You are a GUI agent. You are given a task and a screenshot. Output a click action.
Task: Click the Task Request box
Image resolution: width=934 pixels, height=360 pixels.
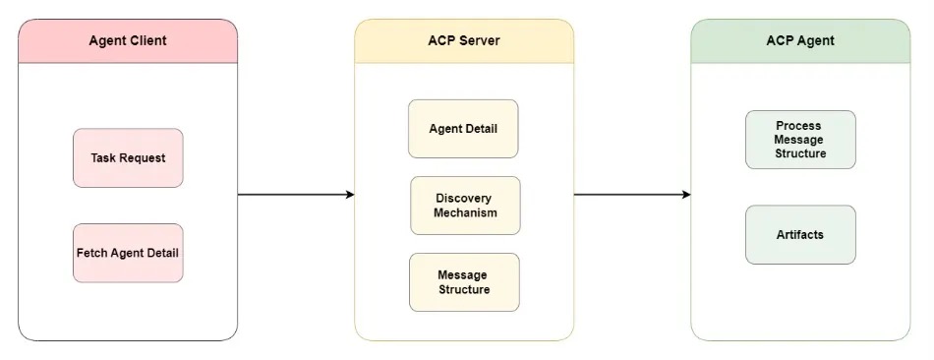pos(128,157)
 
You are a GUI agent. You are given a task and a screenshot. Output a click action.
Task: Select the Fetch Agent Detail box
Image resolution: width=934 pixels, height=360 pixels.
pos(128,253)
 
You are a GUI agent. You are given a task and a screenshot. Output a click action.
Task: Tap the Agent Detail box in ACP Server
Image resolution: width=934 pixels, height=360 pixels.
pos(463,129)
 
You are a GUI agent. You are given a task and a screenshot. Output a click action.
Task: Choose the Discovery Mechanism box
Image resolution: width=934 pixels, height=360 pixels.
pos(465,206)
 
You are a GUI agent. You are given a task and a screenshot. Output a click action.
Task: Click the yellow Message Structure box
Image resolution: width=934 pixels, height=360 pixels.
pos(464,282)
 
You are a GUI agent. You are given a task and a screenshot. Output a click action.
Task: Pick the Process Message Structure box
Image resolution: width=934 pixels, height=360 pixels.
pos(800,140)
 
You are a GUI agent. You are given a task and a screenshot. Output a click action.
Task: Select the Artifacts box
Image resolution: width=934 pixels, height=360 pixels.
pos(800,235)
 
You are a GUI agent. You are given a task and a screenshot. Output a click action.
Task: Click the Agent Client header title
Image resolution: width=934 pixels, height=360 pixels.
pos(128,41)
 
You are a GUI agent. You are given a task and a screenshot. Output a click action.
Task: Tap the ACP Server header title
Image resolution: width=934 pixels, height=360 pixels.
pos(464,41)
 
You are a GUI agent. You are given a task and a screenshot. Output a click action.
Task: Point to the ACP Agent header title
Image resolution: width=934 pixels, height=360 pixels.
pos(800,41)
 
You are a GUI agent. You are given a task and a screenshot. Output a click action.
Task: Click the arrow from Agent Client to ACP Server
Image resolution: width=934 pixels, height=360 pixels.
pos(295,195)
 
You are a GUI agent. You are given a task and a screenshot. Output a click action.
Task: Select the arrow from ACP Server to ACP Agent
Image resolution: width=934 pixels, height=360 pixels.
pos(631,195)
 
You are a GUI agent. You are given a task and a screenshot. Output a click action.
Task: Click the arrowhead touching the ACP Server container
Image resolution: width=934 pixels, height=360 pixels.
pos(349,195)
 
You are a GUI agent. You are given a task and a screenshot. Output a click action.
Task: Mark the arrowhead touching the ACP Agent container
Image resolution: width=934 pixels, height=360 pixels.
pos(685,195)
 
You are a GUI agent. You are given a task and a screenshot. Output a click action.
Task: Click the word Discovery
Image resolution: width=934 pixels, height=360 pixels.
pos(465,199)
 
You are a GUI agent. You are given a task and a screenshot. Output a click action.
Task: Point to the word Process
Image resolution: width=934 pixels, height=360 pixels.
pos(798,126)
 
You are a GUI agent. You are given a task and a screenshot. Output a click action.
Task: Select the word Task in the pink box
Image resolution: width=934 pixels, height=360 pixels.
pos(104,157)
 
